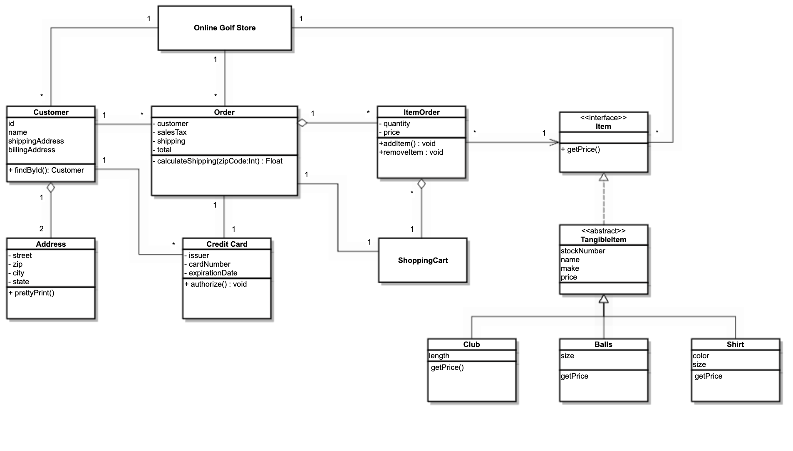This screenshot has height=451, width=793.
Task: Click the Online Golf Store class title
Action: [x=224, y=28]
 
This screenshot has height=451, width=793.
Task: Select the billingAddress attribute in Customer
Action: [x=32, y=150]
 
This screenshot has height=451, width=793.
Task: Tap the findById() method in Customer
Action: [x=46, y=170]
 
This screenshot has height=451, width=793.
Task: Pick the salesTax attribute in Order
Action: [x=171, y=132]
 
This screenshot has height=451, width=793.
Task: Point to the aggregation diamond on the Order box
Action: [x=302, y=123]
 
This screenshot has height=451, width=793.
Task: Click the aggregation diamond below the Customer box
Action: [x=51, y=187]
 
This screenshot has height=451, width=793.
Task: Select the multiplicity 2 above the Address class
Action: [x=41, y=228]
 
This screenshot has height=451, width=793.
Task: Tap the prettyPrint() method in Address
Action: [x=32, y=293]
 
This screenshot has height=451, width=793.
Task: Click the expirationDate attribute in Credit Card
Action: [x=213, y=273]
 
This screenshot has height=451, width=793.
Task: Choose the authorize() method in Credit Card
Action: [x=216, y=284]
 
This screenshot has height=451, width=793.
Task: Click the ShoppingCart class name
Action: [x=423, y=260]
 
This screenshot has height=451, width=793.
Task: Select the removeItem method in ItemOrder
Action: [x=411, y=152]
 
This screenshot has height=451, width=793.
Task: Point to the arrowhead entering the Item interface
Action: [x=555, y=143]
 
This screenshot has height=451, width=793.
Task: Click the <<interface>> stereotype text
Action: [x=603, y=118]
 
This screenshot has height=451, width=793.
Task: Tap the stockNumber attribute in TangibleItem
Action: [x=583, y=251]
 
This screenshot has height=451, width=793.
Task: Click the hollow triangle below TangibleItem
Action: [x=604, y=299]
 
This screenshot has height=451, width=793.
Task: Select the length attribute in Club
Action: [x=439, y=356]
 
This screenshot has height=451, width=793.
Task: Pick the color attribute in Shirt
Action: [x=701, y=356]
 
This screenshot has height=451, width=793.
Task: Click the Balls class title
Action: [x=603, y=344]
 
